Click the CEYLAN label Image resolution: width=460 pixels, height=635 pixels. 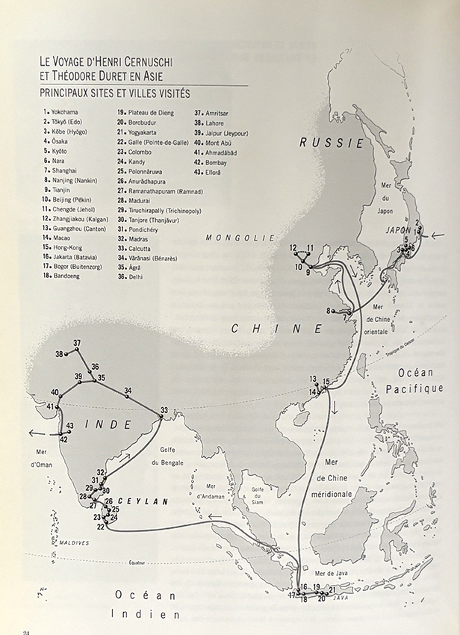[140, 501]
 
